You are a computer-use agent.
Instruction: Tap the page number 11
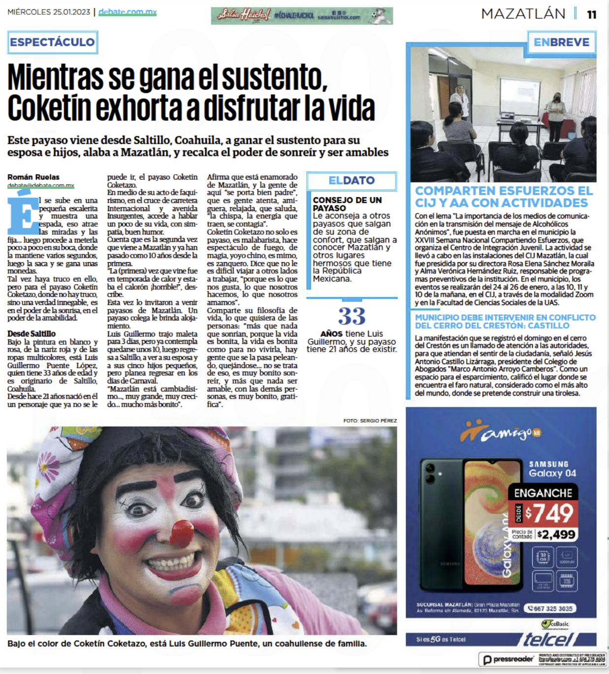[591, 14]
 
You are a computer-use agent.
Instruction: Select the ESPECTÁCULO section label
[53, 42]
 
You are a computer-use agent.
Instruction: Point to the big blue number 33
[352, 316]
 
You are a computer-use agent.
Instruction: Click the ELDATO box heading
[352, 181]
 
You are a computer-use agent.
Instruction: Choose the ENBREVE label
[561, 42]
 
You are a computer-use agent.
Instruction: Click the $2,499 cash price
[556, 534]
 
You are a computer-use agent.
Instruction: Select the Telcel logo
[547, 639]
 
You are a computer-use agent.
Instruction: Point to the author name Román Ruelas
[33, 177]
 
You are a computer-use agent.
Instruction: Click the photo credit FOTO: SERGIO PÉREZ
[370, 421]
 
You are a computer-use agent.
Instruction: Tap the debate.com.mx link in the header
[128, 12]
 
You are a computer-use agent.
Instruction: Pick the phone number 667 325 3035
[550, 609]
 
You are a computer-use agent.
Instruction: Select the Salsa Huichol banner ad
[301, 16]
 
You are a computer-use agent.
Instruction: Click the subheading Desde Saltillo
[32, 334]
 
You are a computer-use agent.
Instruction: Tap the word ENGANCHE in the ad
[543, 493]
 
